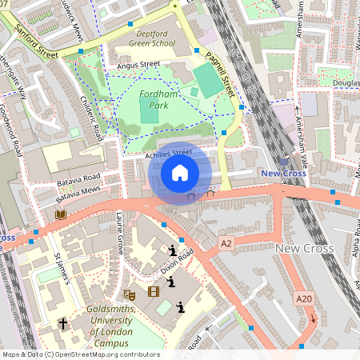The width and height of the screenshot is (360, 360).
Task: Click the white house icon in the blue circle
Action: (x=180, y=172)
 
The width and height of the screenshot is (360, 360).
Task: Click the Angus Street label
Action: (x=133, y=65)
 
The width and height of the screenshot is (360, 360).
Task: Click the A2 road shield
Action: (x=226, y=242)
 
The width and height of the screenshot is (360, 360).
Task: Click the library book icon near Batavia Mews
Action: (x=61, y=215)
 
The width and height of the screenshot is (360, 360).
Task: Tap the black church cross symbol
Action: (x=63, y=324)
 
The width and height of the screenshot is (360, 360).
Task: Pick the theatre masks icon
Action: (x=130, y=294)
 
